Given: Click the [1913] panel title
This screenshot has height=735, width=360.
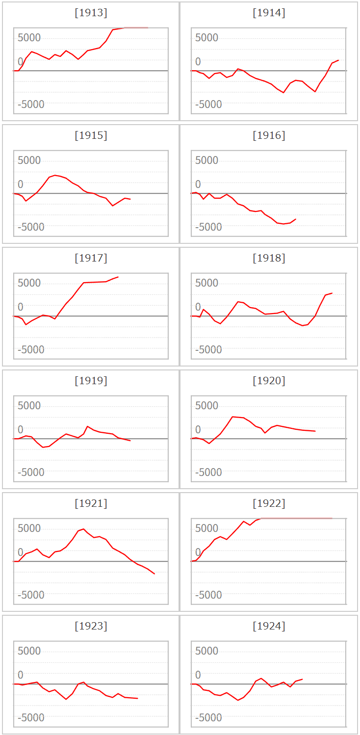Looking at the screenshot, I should click(x=91, y=13).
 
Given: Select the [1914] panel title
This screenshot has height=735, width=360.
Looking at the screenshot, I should click(x=269, y=13).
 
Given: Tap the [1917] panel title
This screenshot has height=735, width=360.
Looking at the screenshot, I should click(x=91, y=258).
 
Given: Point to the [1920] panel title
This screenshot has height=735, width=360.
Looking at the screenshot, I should click(x=269, y=381).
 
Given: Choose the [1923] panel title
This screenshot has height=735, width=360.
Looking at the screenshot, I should click(x=91, y=626).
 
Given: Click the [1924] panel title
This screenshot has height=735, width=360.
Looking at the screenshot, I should click(x=269, y=626).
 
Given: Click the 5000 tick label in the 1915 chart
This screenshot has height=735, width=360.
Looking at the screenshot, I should click(x=29, y=160).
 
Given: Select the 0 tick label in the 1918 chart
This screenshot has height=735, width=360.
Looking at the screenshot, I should click(x=198, y=307).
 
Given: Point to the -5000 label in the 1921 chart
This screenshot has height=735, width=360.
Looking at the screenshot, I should click(x=31, y=595).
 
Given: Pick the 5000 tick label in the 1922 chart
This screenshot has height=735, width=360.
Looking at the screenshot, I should click(x=207, y=528).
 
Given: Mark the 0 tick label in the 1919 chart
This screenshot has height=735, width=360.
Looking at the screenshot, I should click(x=21, y=430).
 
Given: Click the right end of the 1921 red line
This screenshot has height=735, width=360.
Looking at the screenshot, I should click(x=154, y=574).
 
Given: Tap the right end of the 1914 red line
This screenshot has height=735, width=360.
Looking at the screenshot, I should click(x=338, y=60).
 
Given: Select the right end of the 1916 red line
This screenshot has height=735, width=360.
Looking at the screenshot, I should click(x=296, y=219).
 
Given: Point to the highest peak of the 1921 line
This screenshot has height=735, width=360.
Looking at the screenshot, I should click(x=83, y=529).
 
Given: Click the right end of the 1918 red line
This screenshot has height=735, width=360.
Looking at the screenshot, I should click(x=332, y=293).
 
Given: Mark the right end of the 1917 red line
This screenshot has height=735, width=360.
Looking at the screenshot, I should click(x=118, y=277).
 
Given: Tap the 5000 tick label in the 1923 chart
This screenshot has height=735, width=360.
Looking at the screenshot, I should click(x=29, y=651).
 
